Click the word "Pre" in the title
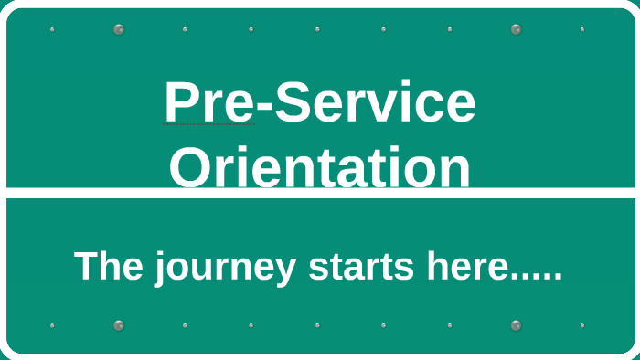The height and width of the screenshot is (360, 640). pyautogui.click(x=208, y=102)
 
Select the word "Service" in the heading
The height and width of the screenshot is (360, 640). pyautogui.click(x=376, y=102)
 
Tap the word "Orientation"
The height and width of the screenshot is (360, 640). pyautogui.click(x=319, y=168)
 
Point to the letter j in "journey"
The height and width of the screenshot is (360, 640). pyautogui.click(x=159, y=269)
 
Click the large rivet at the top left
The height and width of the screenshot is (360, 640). pyautogui.click(x=119, y=29)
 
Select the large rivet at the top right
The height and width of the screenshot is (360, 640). pyautogui.click(x=517, y=29)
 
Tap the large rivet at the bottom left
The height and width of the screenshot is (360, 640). pyautogui.click(x=119, y=325)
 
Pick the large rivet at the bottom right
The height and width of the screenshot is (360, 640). pyautogui.click(x=517, y=325)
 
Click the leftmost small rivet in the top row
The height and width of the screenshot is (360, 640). pyautogui.click(x=52, y=29)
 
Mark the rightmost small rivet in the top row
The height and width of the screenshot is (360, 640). pyautogui.click(x=582, y=29)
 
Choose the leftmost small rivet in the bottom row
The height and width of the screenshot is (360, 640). pyautogui.click(x=52, y=325)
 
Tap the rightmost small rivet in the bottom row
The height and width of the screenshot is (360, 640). pyautogui.click(x=582, y=325)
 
